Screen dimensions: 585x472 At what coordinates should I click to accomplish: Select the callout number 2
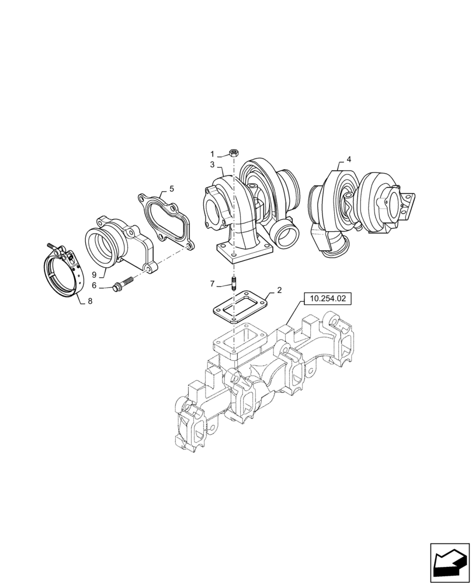[279, 290]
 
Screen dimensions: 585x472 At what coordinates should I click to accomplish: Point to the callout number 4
[349, 159]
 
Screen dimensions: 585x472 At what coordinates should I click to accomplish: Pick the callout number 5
[171, 188]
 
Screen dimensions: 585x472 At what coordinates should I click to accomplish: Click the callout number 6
[94, 285]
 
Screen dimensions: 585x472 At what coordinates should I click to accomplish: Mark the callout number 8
[89, 302]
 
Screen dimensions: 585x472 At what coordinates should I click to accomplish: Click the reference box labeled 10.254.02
[328, 298]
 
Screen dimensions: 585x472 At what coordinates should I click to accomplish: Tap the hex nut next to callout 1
[233, 153]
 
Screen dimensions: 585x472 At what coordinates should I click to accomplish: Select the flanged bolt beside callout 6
[122, 285]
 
